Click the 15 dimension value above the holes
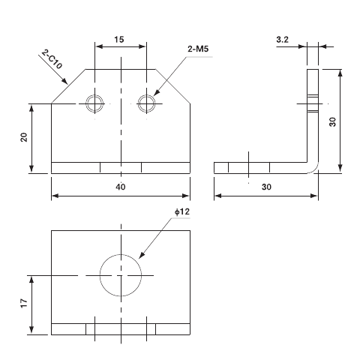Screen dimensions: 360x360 (x=120, y=39)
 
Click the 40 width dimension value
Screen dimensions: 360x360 (x=120, y=187)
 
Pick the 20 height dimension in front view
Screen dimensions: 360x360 (x=24, y=137)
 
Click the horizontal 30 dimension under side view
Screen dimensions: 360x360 (x=266, y=187)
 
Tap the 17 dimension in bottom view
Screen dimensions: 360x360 (x=24, y=304)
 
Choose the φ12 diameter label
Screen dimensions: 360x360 (x=182, y=212)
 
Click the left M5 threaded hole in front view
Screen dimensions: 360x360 (x=94, y=103)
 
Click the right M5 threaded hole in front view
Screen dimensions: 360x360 (x=146, y=103)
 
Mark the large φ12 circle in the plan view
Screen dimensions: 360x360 (x=120, y=275)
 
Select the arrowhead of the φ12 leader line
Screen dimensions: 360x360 (x=137, y=259)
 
